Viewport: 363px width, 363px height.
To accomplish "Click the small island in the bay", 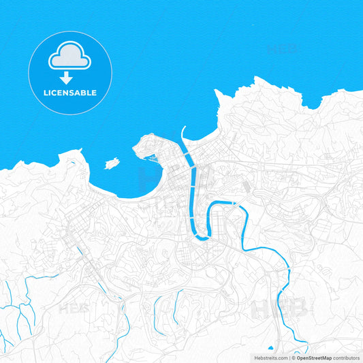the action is [112, 163].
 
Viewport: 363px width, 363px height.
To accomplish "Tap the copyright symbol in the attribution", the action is [294, 358].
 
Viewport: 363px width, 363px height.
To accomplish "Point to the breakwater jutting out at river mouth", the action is [183, 133].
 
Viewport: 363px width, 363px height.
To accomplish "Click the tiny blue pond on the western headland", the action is [71, 164].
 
